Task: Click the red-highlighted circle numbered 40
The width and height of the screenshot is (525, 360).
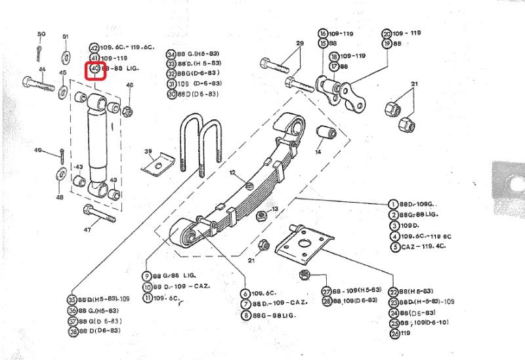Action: [x=94, y=68]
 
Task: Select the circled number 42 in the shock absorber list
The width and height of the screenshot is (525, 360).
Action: [x=94, y=48]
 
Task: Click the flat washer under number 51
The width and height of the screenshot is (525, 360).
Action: [x=66, y=53]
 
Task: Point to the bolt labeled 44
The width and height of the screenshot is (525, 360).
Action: [x=39, y=84]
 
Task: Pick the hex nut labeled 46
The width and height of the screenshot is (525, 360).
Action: [x=128, y=109]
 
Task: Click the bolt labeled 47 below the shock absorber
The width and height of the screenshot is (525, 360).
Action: [x=92, y=212]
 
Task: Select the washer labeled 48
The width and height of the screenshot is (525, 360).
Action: [x=60, y=173]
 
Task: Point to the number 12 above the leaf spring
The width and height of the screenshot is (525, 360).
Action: [x=232, y=172]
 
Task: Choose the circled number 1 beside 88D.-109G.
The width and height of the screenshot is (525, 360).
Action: [x=394, y=204]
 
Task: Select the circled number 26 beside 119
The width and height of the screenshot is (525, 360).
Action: [x=394, y=334]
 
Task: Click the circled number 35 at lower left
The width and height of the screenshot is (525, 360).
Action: [x=72, y=300]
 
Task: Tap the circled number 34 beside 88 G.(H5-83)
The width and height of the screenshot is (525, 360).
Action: [x=171, y=54]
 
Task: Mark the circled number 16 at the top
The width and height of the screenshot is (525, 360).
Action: [x=323, y=33]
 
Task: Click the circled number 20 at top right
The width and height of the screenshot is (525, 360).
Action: [x=387, y=33]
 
